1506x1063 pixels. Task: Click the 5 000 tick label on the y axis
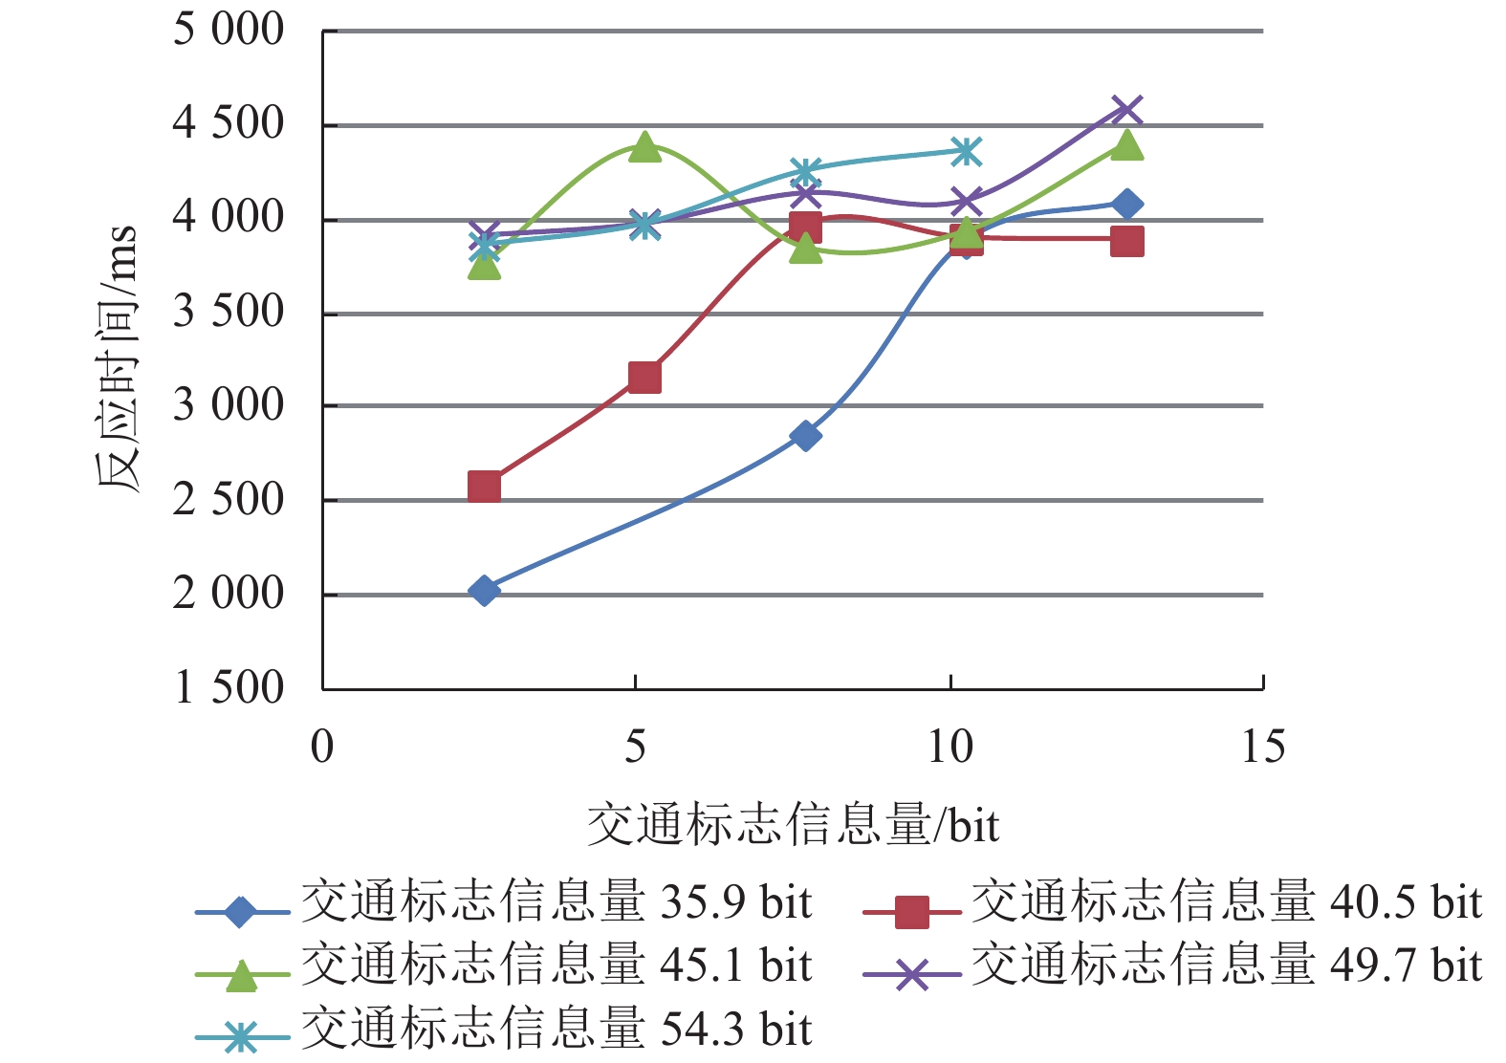(228, 30)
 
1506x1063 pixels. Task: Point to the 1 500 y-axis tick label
(228, 687)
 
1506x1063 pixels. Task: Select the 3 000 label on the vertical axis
(228, 405)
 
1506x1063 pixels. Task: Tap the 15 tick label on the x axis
(1262, 747)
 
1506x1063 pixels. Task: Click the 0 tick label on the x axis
(322, 747)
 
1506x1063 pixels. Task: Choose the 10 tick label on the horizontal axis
(949, 747)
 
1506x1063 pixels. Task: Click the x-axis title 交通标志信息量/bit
(793, 825)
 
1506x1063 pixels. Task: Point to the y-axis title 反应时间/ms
(117, 358)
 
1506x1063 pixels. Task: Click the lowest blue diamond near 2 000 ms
(484, 591)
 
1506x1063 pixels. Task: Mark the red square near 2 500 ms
(484, 487)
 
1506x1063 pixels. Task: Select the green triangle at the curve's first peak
(644, 147)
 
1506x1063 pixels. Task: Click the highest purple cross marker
(1127, 109)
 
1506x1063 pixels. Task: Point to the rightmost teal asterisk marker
(966, 151)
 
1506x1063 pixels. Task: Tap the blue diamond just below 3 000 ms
(805, 436)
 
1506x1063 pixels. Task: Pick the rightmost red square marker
(1127, 241)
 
